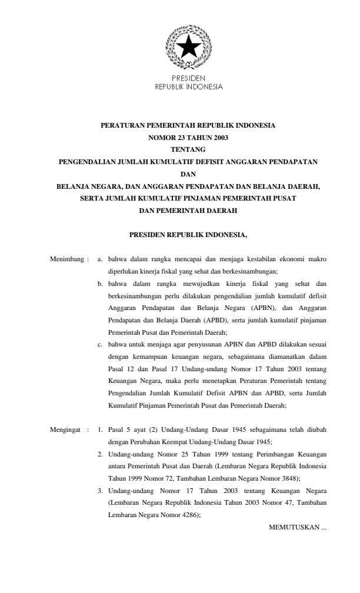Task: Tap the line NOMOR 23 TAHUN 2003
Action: pos(188,138)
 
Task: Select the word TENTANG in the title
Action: pos(188,149)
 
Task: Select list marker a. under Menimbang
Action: pos(100,258)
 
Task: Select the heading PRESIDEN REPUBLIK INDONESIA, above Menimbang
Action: pos(188,235)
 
